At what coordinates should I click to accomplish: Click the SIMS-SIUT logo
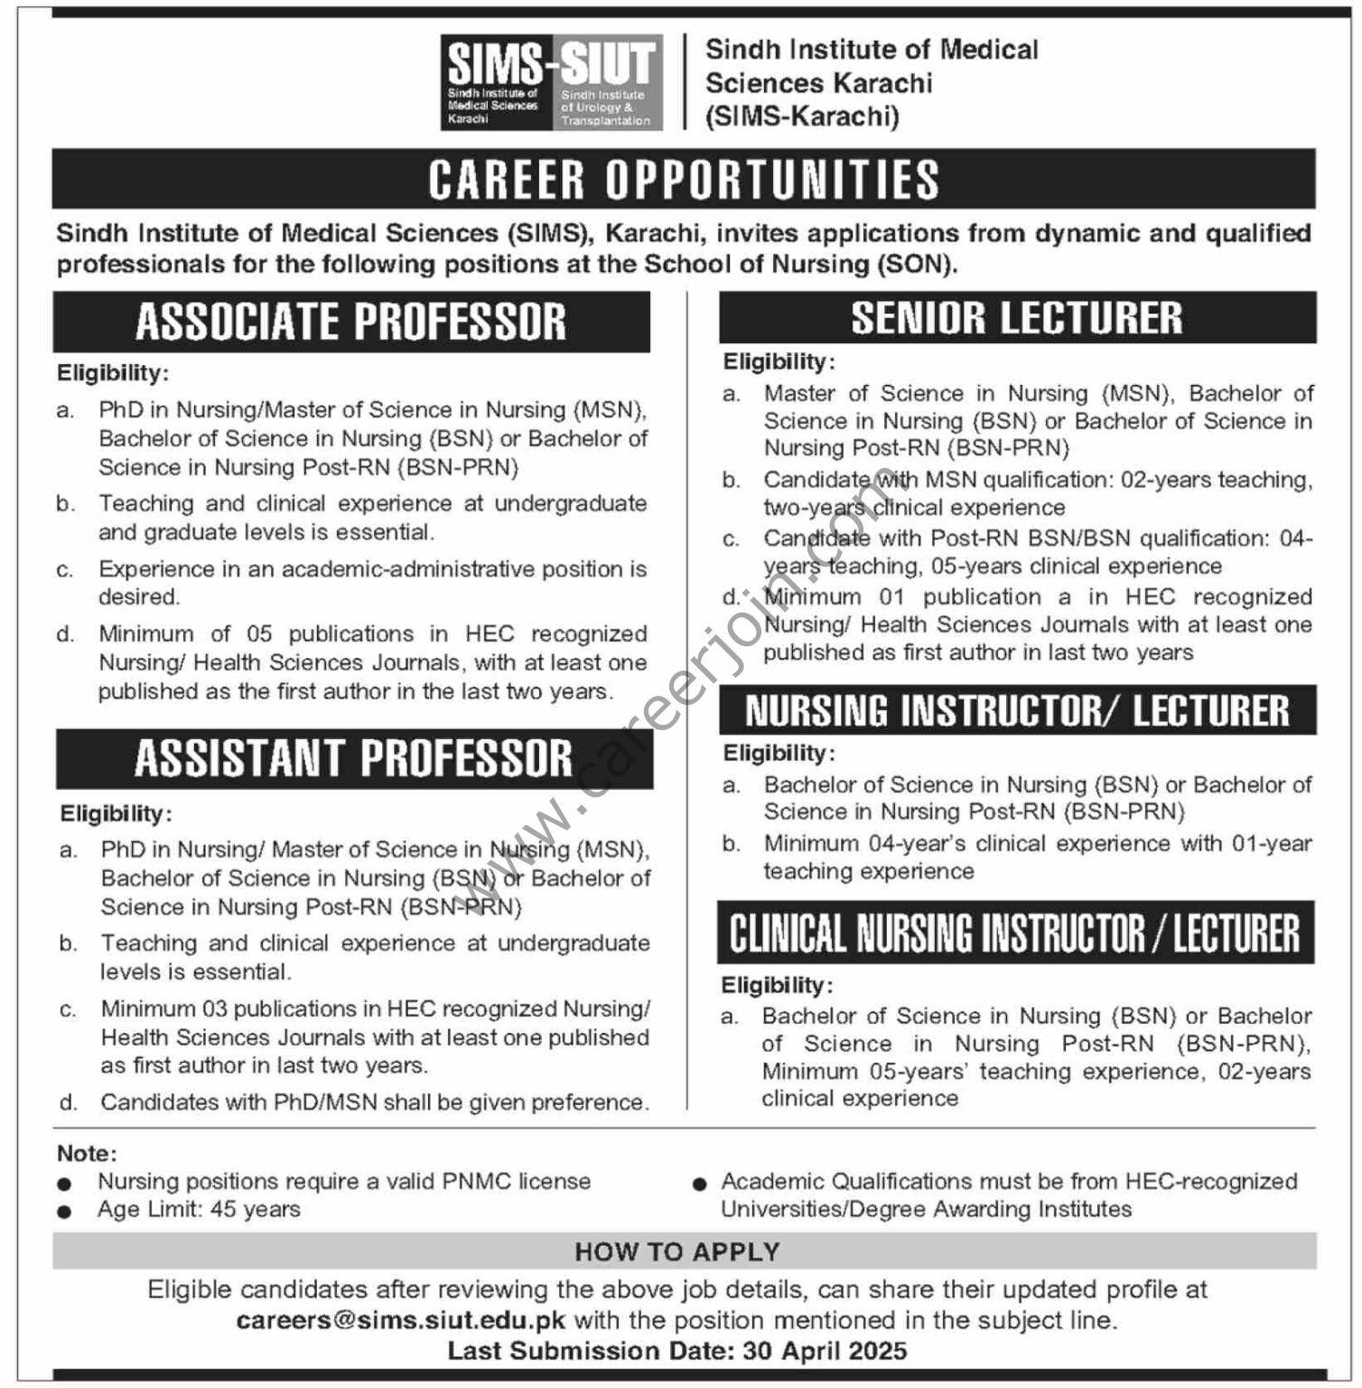[x=551, y=82]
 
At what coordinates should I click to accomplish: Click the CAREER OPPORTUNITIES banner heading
[x=684, y=179]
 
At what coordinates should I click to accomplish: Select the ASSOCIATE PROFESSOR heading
[x=351, y=322]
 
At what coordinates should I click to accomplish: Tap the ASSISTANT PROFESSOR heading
[x=354, y=758]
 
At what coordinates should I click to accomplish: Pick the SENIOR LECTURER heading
[x=1017, y=318]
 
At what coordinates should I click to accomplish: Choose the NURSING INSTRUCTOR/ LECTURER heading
[x=1017, y=711]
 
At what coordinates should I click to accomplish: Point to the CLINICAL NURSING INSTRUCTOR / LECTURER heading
[x=1015, y=933]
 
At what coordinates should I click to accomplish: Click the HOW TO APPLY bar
[x=677, y=1252]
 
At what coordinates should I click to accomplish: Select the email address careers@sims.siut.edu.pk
[x=401, y=1320]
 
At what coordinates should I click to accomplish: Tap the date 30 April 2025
[x=825, y=1351]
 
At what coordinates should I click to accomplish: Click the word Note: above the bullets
[x=87, y=1153]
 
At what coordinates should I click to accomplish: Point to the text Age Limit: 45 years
[x=199, y=1209]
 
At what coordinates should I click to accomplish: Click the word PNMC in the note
[x=477, y=1181]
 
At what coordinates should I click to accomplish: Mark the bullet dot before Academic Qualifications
[x=699, y=1184]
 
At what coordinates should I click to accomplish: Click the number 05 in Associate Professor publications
[x=258, y=633]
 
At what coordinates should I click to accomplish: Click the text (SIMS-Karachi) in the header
[x=802, y=117]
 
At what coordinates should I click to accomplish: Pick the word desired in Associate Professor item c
[x=138, y=597]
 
